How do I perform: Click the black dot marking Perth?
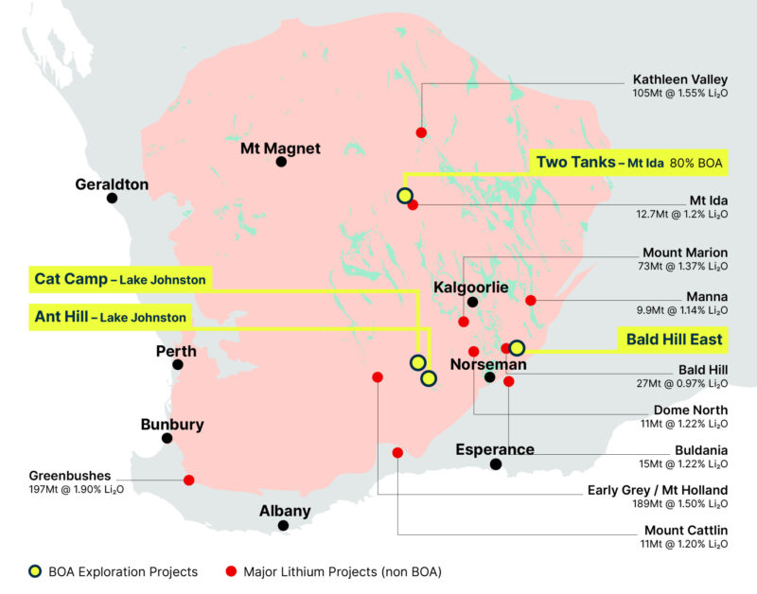[x=178, y=364]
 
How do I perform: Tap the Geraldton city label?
[x=112, y=184]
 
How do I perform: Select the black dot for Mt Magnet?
[x=281, y=162]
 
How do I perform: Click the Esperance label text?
[x=495, y=448]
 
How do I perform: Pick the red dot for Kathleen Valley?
[x=421, y=132]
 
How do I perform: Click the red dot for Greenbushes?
[x=189, y=480]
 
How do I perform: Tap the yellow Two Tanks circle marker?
[x=404, y=196]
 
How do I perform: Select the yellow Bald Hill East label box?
[x=673, y=339]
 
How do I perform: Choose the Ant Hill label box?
[x=108, y=317]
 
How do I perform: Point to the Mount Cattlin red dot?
[x=397, y=452]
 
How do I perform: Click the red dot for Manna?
[x=530, y=301]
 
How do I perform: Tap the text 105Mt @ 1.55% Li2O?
[x=680, y=95]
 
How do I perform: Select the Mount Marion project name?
[x=685, y=253]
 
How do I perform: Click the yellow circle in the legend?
[x=34, y=571]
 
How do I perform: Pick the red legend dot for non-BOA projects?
[x=231, y=571]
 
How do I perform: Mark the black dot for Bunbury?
[x=167, y=438]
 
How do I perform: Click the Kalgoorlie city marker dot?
[x=471, y=303]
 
